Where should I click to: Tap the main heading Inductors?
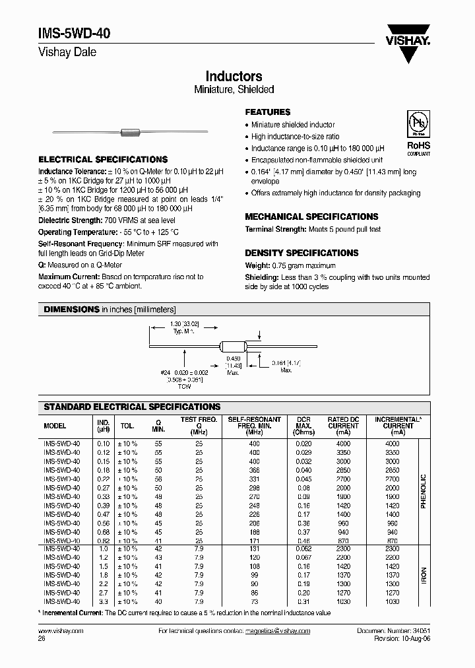tap(234, 77)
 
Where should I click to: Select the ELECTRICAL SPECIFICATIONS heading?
tap(103, 160)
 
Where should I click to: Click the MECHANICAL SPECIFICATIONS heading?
tap(311, 217)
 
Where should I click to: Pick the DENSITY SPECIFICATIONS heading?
tap(301, 253)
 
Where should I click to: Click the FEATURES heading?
tap(268, 112)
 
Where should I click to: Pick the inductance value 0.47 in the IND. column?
tap(103, 514)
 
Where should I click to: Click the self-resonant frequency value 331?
tap(255, 479)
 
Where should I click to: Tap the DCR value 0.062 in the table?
tap(303, 549)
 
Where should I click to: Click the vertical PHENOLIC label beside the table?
tap(424, 488)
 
